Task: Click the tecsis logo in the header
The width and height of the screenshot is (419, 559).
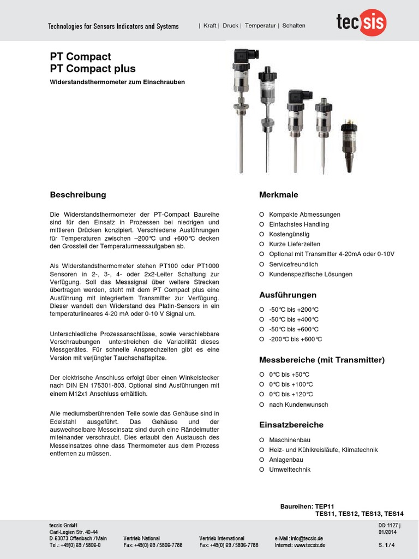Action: click(361, 24)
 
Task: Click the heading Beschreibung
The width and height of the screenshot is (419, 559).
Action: click(78, 195)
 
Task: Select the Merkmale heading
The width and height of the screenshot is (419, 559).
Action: click(278, 195)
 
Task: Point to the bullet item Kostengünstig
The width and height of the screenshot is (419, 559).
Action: click(289, 234)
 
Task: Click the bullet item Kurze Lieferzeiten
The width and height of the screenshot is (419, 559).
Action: click(295, 244)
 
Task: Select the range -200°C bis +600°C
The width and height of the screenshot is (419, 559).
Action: click(295, 339)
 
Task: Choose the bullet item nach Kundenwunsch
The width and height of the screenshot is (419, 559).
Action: click(298, 405)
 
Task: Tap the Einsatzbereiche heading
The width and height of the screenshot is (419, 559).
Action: click(291, 425)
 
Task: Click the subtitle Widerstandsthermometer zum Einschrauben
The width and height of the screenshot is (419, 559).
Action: click(117, 82)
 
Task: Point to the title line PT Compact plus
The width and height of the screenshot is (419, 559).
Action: click(93, 69)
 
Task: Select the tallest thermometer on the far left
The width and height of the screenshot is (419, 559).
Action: click(241, 109)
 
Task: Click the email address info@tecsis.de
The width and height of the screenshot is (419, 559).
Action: click(307, 538)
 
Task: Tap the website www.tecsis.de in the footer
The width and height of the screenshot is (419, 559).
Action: click(310, 545)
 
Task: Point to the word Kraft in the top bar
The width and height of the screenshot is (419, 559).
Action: click(210, 26)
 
